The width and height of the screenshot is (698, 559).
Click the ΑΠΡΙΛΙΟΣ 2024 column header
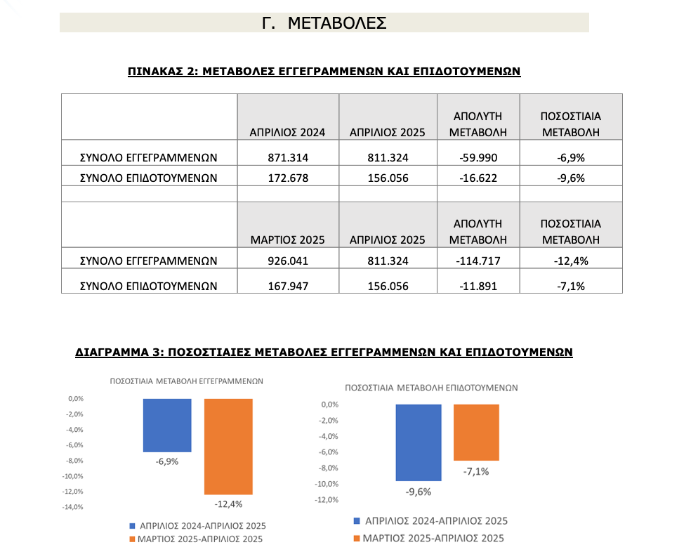click(x=288, y=133)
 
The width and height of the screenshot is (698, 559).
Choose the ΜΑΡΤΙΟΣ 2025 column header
click(x=288, y=240)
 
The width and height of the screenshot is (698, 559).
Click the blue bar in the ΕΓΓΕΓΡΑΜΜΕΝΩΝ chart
click(x=167, y=426)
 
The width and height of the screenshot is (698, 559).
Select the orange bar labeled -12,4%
click(x=228, y=447)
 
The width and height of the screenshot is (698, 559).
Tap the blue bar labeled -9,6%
click(x=419, y=443)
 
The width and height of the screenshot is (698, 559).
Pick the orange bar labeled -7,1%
click(x=476, y=433)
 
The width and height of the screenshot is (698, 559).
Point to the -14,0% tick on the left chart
click(x=72, y=507)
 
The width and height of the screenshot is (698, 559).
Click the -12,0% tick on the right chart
click(x=327, y=500)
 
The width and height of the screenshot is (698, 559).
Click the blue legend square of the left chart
click(x=132, y=526)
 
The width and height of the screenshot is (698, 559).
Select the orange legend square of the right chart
click(x=357, y=539)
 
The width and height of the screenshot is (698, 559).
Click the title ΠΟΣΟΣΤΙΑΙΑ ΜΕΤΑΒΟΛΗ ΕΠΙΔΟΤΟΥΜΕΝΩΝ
click(x=431, y=388)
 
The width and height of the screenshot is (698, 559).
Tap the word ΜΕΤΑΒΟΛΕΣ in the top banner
click(x=337, y=23)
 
